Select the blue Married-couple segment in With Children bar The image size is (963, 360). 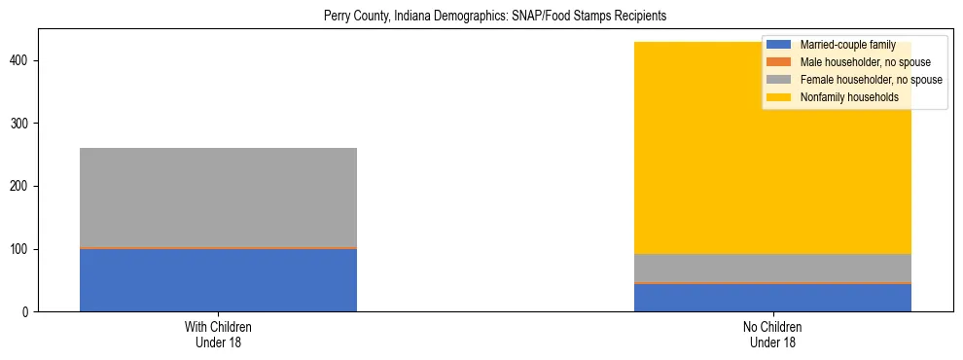point(218,280)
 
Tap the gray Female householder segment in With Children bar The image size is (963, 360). point(218,198)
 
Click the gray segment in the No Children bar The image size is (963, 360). point(772,268)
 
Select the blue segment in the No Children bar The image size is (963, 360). point(772,298)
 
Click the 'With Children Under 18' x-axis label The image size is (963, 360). point(218,335)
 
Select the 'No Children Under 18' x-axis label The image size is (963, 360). point(772,335)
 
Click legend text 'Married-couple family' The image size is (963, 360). point(847,45)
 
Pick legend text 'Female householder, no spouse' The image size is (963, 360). point(871,80)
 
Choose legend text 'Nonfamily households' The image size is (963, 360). point(849,97)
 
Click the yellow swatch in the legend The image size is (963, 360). point(779,97)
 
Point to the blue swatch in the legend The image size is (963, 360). point(779,45)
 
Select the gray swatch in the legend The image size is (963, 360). point(779,80)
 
